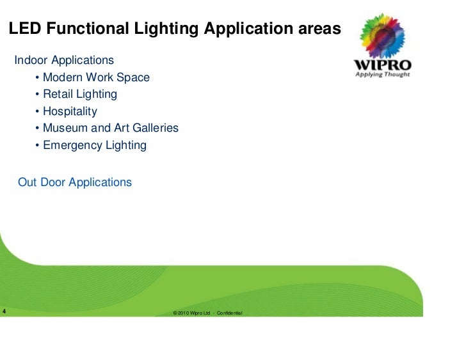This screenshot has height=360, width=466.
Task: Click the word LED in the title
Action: (25, 29)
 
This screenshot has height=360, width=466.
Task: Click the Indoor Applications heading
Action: (64, 61)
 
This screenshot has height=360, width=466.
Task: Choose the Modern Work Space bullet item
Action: (95, 78)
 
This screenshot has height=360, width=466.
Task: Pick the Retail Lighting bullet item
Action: (79, 95)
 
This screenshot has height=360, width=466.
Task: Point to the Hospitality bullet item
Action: (70, 112)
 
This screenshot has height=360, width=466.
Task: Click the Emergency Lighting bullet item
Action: (94, 146)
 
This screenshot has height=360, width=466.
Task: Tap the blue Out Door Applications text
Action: (75, 183)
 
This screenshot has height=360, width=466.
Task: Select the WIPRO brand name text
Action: (383, 65)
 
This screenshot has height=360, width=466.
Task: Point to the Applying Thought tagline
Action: (383, 75)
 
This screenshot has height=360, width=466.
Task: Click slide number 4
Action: (4, 313)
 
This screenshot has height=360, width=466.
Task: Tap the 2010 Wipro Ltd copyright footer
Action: (192, 313)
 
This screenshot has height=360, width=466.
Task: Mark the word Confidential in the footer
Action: (229, 313)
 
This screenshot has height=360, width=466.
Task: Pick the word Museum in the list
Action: (65, 129)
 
